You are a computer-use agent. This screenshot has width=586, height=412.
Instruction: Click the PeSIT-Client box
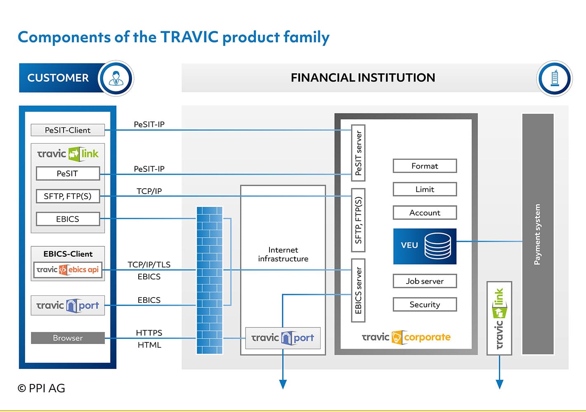68,130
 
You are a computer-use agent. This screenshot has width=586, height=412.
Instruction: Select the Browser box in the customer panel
68,338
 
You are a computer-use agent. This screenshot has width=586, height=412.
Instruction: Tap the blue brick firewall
210,280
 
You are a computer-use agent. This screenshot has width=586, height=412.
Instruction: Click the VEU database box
425,246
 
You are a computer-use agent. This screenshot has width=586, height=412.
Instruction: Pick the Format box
425,166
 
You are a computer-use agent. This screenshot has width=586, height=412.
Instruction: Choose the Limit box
425,189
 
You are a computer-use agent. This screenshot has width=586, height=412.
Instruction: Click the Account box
425,213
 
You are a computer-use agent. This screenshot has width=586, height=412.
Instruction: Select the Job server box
425,281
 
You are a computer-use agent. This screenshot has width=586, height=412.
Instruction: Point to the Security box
425,304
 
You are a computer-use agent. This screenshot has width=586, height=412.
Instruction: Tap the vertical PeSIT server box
358,153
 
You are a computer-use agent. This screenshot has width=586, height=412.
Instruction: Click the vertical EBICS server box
358,290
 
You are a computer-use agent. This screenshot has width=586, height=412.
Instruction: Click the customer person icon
116,78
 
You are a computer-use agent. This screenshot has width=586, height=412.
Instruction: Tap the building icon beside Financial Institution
554,78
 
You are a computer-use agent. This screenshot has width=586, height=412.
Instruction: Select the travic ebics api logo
68,269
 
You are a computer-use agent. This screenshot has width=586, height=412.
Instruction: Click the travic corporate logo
406,337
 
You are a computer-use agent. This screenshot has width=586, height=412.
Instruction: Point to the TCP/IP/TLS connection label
149,265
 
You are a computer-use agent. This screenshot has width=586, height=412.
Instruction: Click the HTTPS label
149,333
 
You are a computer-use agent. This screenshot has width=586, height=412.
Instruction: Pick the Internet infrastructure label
284,254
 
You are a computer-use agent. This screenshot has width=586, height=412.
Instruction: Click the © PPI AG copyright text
41,388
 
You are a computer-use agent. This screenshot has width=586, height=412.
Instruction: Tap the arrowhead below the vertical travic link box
499,384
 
